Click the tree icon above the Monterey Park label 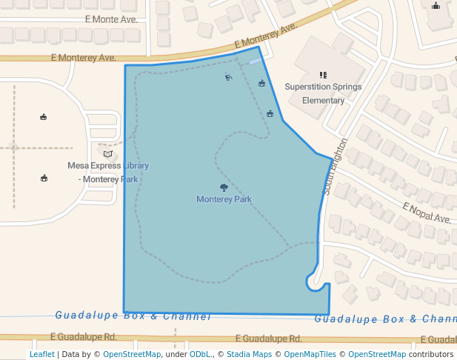pyautogui.click(x=224, y=188)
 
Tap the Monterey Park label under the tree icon pyautogui.click(x=224, y=199)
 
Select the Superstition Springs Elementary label pyautogui.click(x=323, y=93)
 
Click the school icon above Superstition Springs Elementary pyautogui.click(x=323, y=75)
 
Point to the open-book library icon pyautogui.click(x=108, y=153)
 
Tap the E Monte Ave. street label pyautogui.click(x=111, y=19)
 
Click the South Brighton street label pyautogui.click(x=336, y=167)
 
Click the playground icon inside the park pyautogui.click(x=228, y=76)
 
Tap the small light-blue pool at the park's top pyautogui.click(x=255, y=62)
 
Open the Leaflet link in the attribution pyautogui.click(x=41, y=354)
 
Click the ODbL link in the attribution pyautogui.click(x=200, y=354)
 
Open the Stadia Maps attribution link pyautogui.click(x=249, y=354)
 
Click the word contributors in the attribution pyautogui.click(x=430, y=354)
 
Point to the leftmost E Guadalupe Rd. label pyautogui.click(x=86, y=337)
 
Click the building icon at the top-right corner pyautogui.click(x=436, y=6)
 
